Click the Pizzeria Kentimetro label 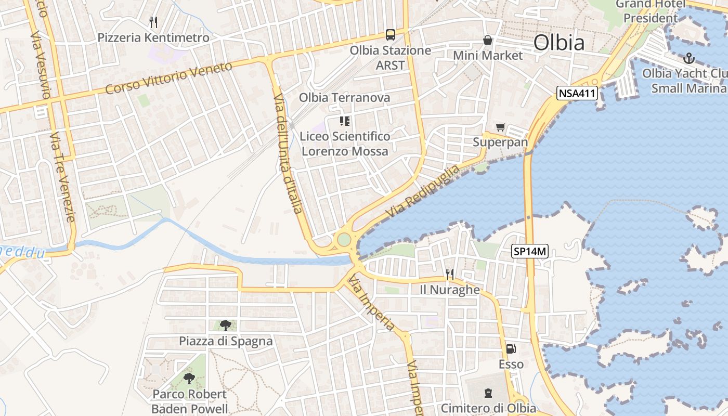pos(153,37)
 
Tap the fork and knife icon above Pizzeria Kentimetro pos(153,22)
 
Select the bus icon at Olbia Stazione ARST pos(390,35)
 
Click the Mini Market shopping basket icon pos(488,40)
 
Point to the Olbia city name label pos(559,43)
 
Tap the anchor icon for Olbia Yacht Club pos(689,58)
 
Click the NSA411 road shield pos(577,94)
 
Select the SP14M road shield pos(530,252)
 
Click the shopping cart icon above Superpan pos(500,127)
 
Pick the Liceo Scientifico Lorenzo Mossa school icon pos(344,121)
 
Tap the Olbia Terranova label pos(344,97)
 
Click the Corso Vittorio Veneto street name pos(169,78)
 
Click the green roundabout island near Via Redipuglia pos(344,240)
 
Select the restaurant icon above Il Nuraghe pos(450,274)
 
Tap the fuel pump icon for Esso pos(511,349)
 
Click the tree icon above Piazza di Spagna pos(225,326)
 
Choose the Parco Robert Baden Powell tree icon pos(189,378)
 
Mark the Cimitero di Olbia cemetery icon pos(488,393)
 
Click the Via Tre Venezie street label pos(63,177)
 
